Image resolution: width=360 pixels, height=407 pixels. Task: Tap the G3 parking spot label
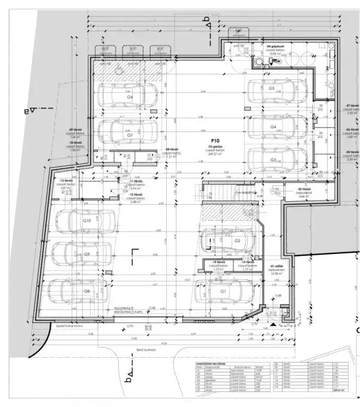273,160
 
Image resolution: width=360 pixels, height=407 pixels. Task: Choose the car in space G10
84,221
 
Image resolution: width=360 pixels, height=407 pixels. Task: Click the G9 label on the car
87,255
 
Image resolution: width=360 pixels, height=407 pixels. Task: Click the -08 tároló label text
172,152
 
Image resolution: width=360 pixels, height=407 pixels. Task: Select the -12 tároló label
138,195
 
